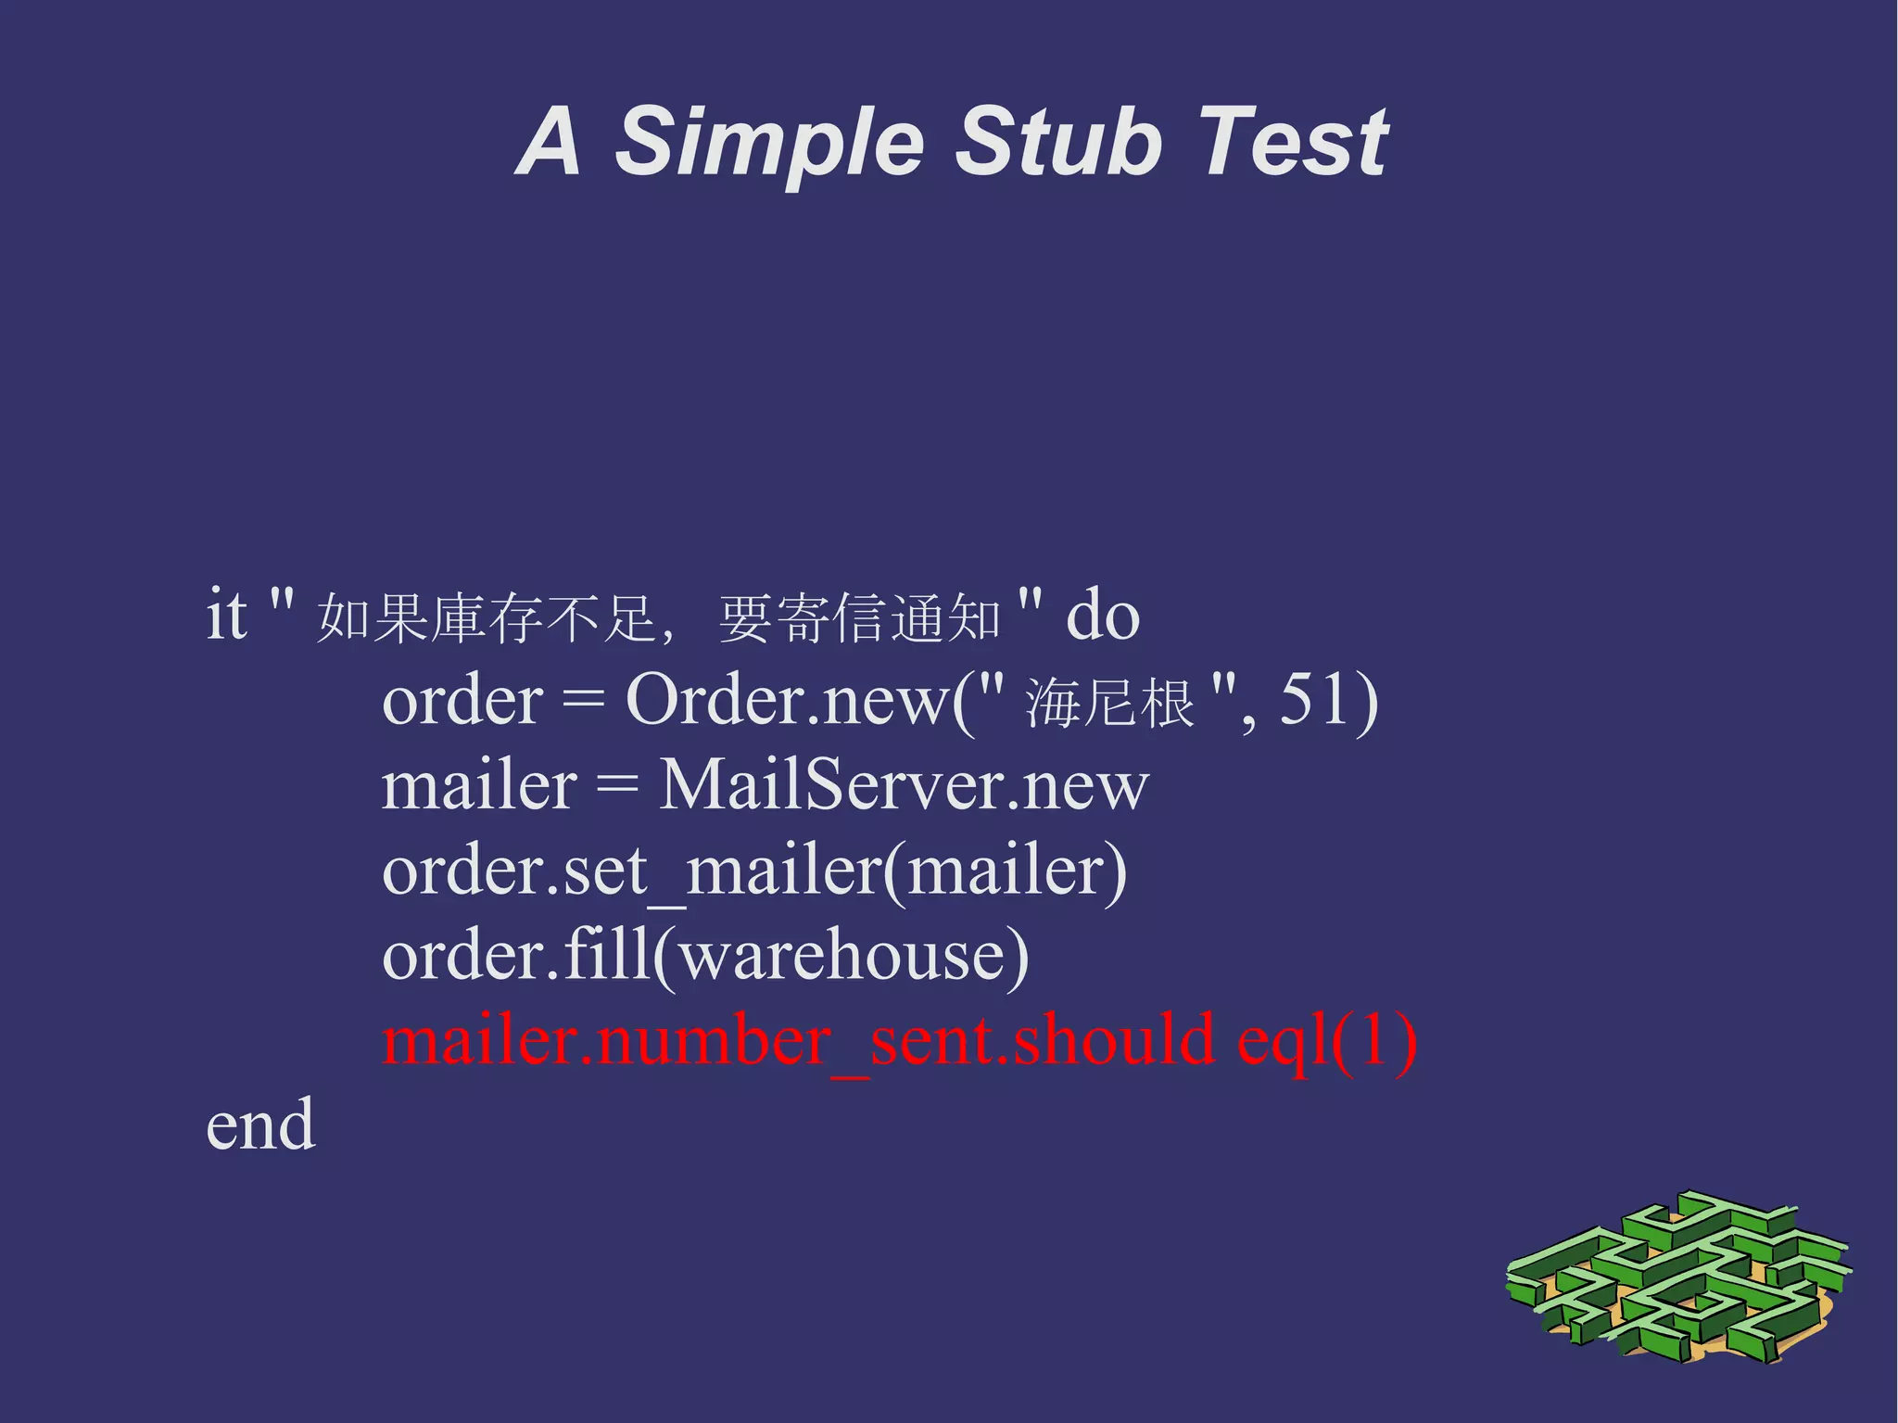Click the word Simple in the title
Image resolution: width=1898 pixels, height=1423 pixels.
pyautogui.click(x=768, y=141)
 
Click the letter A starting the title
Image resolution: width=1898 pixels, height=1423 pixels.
pyautogui.click(x=550, y=141)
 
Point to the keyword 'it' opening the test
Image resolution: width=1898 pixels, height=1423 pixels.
pyautogui.click(x=226, y=614)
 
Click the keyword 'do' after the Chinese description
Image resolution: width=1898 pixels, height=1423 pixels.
pyautogui.click(x=1102, y=616)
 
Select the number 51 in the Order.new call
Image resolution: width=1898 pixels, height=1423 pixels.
pyautogui.click(x=1313, y=699)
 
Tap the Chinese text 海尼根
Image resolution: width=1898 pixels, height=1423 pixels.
pyautogui.click(x=1110, y=703)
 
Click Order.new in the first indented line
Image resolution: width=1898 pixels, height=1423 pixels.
pyautogui.click(x=786, y=701)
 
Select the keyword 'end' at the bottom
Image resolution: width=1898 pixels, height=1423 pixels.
pyautogui.click(x=260, y=1125)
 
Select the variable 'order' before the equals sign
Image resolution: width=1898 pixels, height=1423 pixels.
pyautogui.click(x=462, y=701)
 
